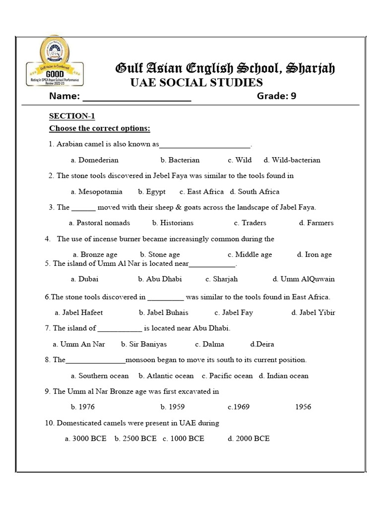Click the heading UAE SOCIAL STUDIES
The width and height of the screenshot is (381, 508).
tap(196, 82)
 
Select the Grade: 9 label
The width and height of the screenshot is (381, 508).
tap(276, 96)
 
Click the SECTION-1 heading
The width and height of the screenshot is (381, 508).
tap(72, 116)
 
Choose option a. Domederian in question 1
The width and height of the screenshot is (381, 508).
tap(94, 160)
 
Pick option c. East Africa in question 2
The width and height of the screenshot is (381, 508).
tap(201, 192)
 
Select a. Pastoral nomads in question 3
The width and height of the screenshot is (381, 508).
tap(99, 223)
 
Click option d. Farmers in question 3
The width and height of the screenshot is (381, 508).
tap(316, 223)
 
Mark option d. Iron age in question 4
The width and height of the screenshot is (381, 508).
tap(315, 255)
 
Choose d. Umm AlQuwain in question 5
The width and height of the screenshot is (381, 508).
tap(304, 279)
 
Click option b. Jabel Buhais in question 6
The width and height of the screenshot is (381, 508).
tap(164, 313)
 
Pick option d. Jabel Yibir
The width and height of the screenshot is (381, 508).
tap(313, 313)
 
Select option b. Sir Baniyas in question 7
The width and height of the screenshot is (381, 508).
tap(144, 344)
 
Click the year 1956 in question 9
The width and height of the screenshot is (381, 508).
tap(303, 407)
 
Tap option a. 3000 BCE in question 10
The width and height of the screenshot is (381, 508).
tap(85, 439)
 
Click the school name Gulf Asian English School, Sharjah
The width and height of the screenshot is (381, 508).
tap(225, 68)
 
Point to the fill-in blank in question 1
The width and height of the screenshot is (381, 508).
tap(205, 145)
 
